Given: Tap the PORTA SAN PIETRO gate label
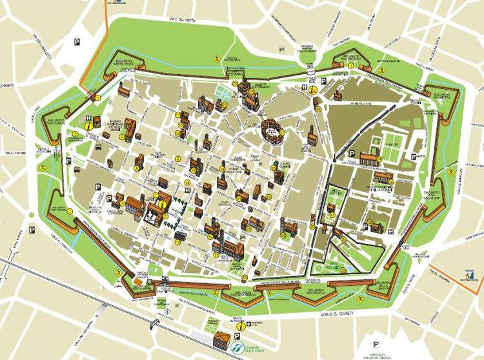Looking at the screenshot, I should [166, 288].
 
